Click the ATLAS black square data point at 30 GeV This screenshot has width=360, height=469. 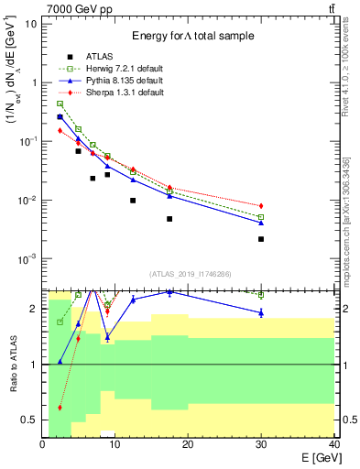(261, 239)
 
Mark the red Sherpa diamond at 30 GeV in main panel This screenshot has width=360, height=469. (261, 206)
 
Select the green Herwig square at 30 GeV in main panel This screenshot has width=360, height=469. (261, 217)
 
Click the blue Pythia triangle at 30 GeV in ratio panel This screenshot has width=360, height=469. (261, 313)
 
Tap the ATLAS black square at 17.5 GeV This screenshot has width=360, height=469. (169, 219)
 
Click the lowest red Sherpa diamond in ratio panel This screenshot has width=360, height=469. (60, 408)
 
